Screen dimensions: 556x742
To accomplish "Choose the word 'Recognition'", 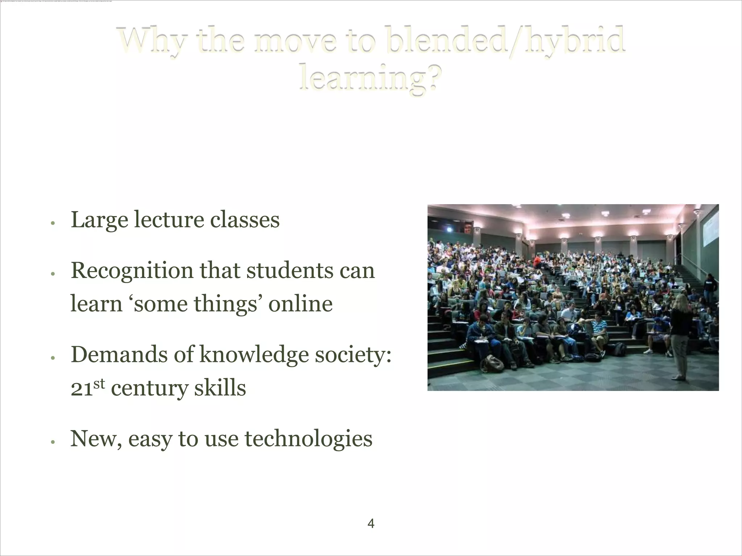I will [x=132, y=271].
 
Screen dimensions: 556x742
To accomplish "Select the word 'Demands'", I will [x=119, y=354].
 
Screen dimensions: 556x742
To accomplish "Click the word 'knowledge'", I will [x=254, y=355].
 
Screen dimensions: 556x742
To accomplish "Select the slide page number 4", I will [x=371, y=523].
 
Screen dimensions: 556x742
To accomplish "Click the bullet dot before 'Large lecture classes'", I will [x=53, y=223].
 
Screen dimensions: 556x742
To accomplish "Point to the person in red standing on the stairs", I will [x=538, y=261].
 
